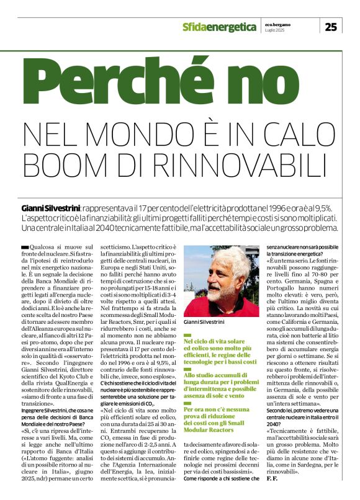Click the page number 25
click(331, 26)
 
